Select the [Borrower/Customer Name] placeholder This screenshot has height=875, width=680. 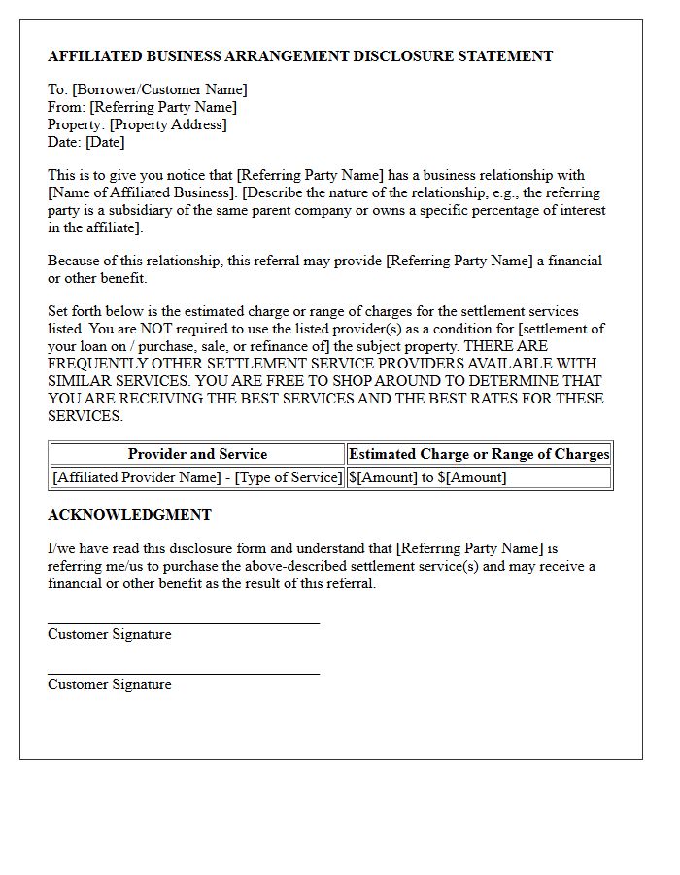coord(159,90)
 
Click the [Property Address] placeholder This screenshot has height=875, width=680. coord(168,125)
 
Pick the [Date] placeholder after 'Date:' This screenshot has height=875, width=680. coord(105,143)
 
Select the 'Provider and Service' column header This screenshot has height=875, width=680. coord(197,454)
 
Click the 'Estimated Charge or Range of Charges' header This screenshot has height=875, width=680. coord(479,454)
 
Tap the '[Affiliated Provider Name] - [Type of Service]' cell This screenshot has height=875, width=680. coord(197,477)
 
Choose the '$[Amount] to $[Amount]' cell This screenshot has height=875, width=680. coord(427,477)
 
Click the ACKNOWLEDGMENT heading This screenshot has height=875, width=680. coord(129,515)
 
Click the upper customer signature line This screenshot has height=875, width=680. coord(184,623)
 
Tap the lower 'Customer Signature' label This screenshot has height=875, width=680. coord(109,684)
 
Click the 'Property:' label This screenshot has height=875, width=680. coord(77,125)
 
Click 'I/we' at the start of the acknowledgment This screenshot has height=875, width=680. coord(61,549)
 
